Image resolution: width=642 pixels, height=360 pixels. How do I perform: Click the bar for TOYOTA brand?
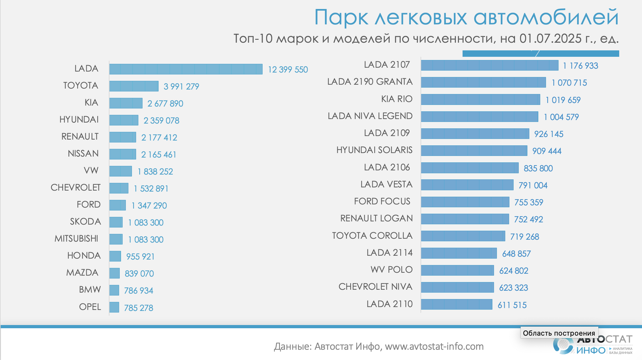(x=134, y=86)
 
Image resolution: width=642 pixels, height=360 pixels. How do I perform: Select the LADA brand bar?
(x=186, y=69)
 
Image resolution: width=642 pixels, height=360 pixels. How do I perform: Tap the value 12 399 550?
(x=288, y=70)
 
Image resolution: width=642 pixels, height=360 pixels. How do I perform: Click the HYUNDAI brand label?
(x=79, y=120)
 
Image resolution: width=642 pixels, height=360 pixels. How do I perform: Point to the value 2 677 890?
(x=165, y=104)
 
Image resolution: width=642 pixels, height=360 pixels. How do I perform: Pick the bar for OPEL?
(x=114, y=307)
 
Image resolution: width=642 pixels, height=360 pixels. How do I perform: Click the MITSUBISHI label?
(x=76, y=239)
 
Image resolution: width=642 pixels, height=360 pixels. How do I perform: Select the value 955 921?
(x=140, y=257)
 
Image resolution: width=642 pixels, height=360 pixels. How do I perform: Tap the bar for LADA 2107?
(x=490, y=65)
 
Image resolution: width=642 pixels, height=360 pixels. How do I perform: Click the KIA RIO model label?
(x=397, y=99)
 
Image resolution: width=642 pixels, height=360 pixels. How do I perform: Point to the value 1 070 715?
(x=569, y=83)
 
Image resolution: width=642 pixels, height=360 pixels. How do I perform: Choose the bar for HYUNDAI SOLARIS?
(x=474, y=150)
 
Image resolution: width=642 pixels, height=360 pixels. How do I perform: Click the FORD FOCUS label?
(x=382, y=201)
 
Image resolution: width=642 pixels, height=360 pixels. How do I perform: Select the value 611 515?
(x=512, y=305)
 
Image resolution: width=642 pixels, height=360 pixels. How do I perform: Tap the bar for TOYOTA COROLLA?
(x=463, y=236)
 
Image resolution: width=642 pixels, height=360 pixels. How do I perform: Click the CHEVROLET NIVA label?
(x=375, y=287)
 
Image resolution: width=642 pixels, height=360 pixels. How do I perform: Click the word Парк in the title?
(x=341, y=18)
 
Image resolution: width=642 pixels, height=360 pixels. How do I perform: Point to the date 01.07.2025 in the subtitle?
(x=550, y=39)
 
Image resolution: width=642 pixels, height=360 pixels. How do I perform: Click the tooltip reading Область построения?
(x=559, y=333)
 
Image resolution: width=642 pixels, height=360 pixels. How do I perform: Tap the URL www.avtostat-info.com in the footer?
(x=434, y=347)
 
